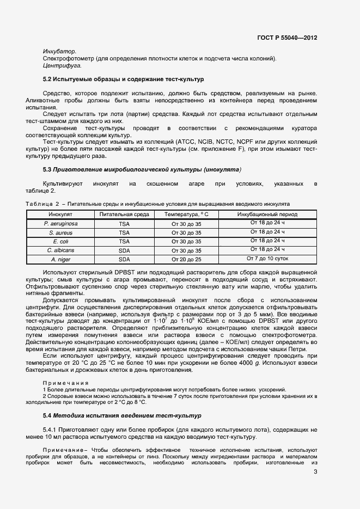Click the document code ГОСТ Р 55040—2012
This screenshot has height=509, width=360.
click(286, 38)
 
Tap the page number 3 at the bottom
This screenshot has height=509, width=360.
click(315, 471)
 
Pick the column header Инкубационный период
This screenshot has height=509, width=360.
click(266, 214)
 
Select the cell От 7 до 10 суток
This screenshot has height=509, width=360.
click(266, 258)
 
